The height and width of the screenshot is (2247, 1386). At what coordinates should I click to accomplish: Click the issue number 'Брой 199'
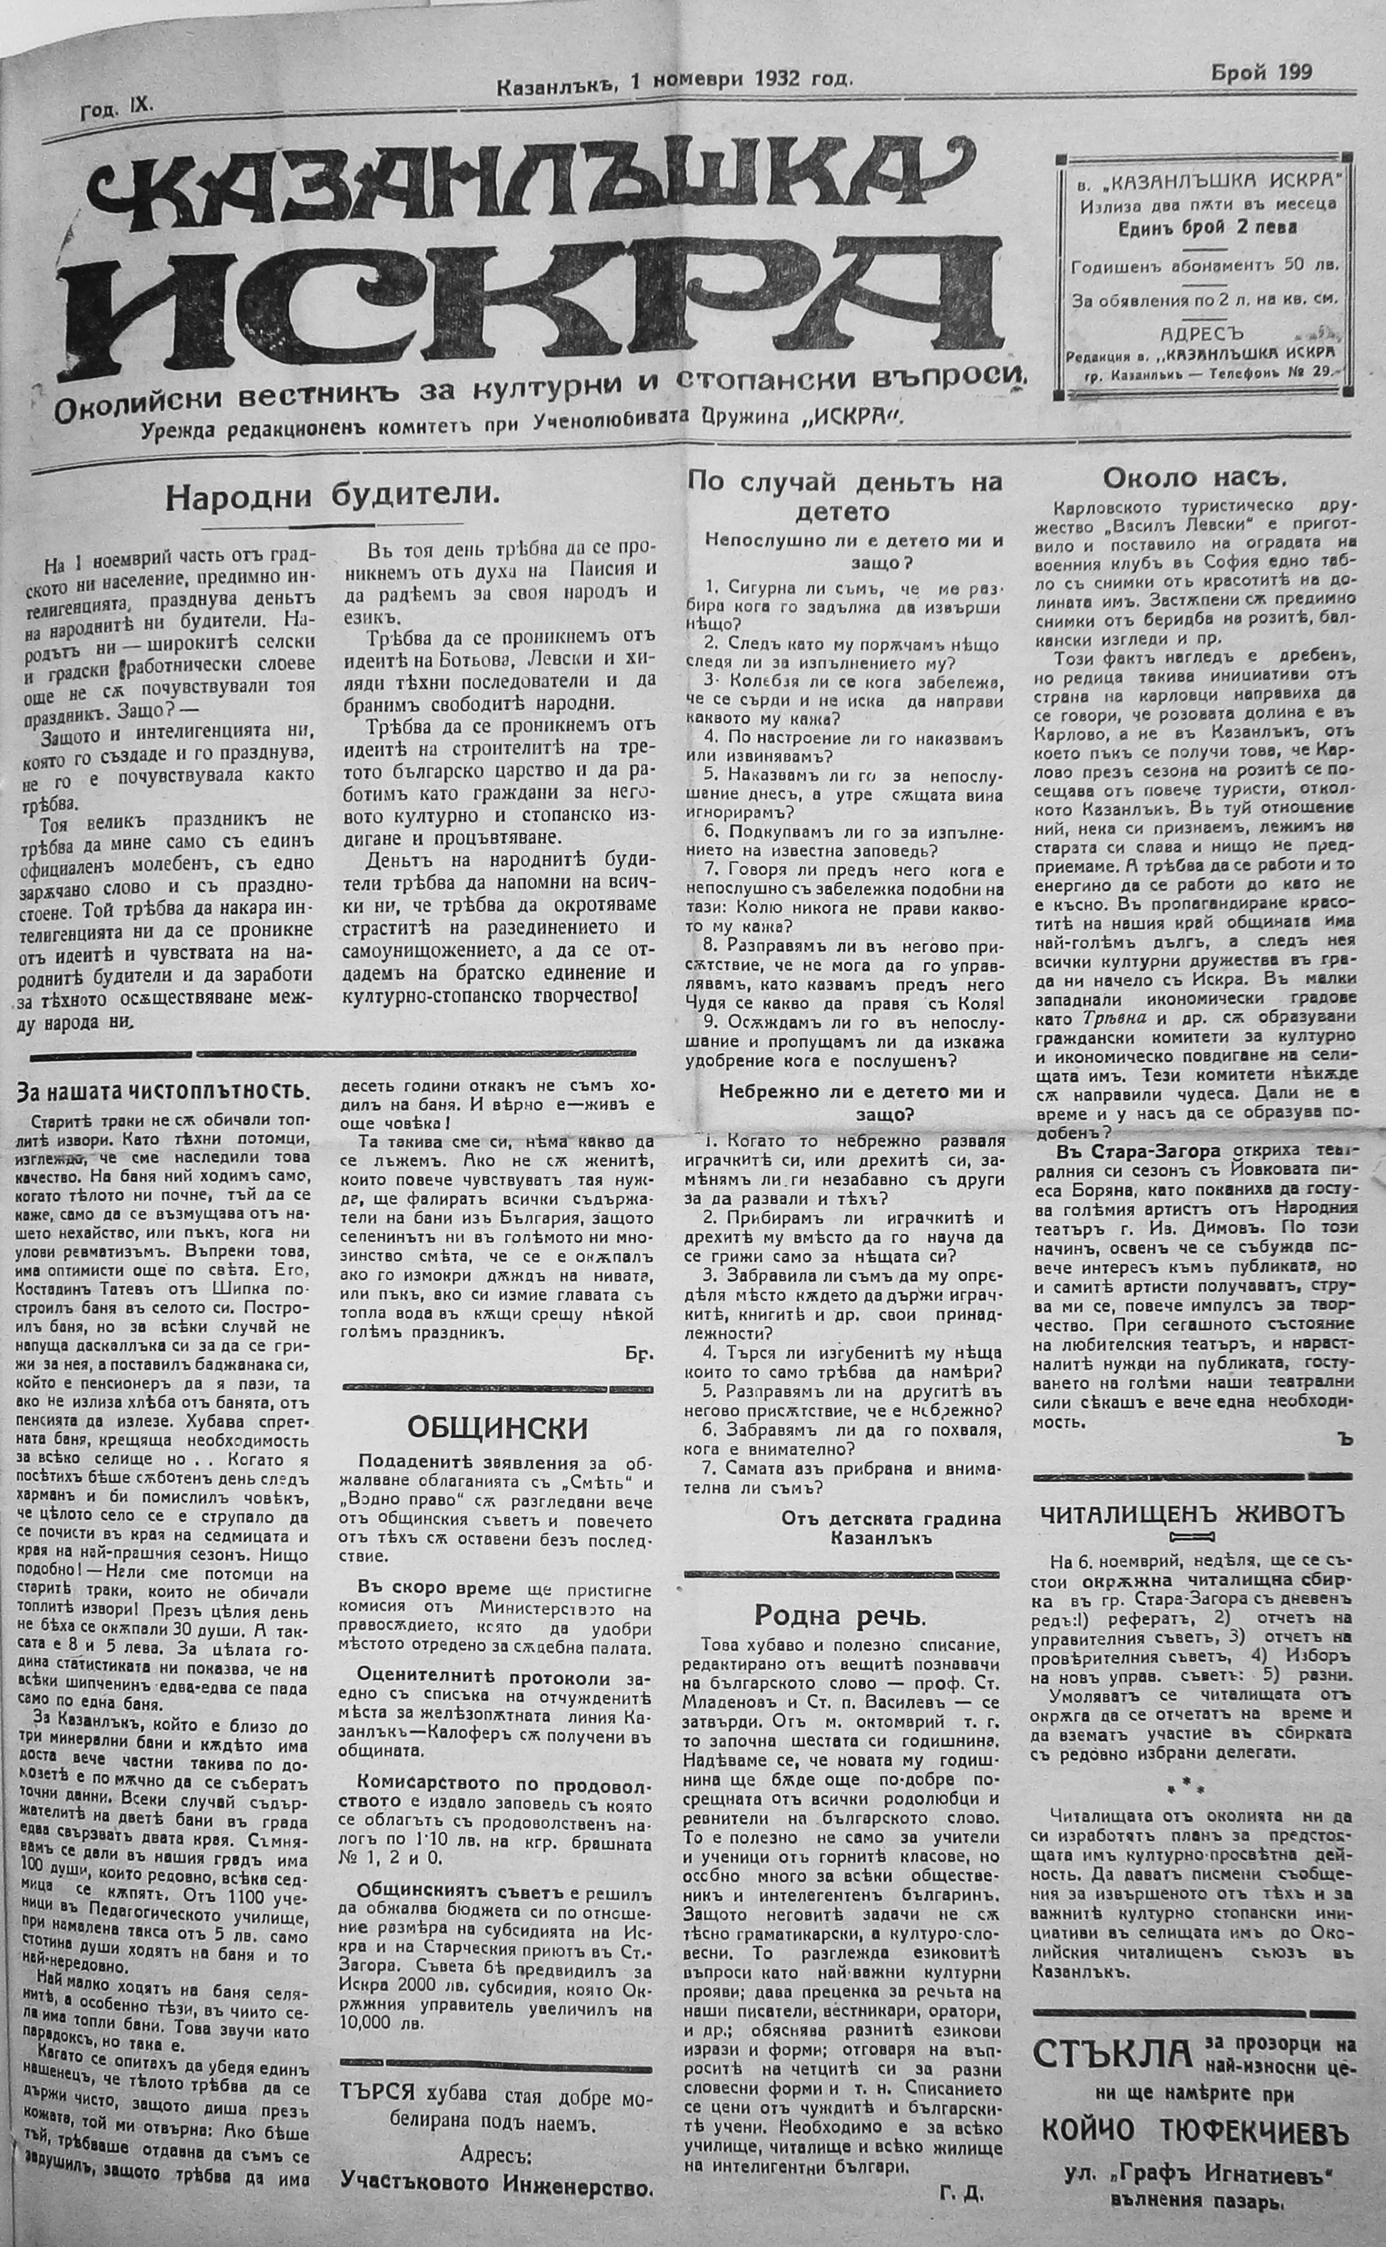coord(1261,73)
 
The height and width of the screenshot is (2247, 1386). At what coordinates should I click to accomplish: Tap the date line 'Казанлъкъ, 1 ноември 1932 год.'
coord(675,80)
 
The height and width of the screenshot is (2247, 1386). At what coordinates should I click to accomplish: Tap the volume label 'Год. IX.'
coord(117,109)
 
